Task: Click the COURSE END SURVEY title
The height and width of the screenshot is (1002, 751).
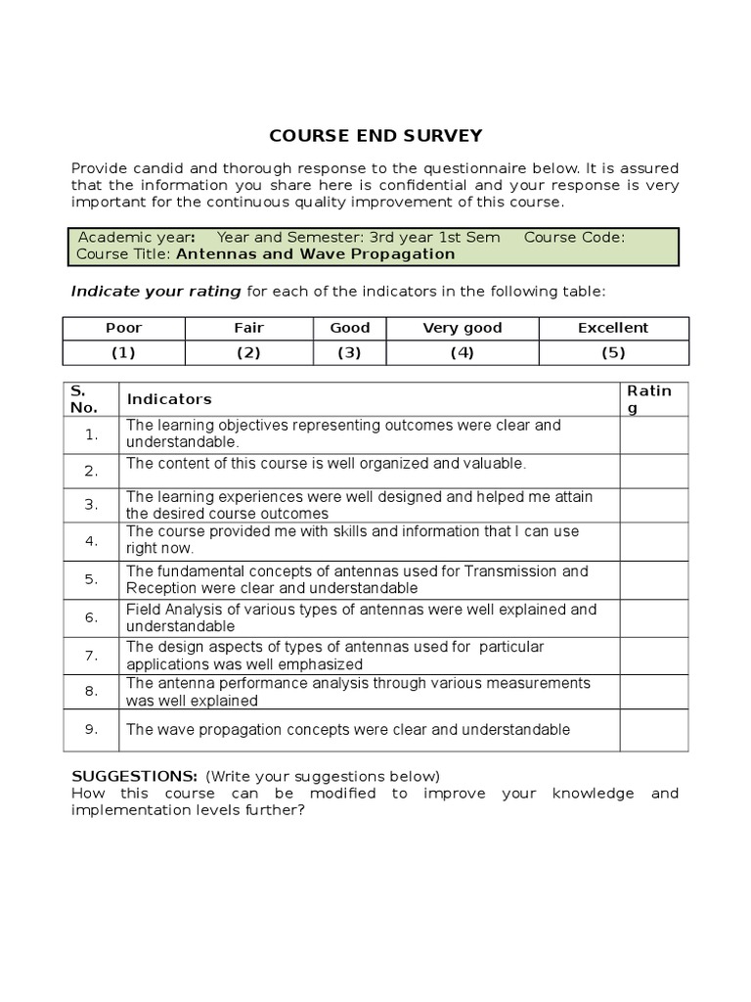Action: (375, 136)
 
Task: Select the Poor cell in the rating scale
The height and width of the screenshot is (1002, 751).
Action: (123, 328)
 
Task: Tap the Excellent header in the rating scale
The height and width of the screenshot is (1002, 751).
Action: (612, 328)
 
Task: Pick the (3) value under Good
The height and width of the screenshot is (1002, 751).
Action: (349, 353)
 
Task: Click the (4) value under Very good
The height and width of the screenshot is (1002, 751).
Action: (462, 353)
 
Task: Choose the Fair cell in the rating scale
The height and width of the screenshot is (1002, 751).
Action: (248, 328)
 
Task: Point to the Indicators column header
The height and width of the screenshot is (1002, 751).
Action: (169, 399)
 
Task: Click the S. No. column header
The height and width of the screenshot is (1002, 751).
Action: (83, 398)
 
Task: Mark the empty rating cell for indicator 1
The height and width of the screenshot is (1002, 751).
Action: (653, 434)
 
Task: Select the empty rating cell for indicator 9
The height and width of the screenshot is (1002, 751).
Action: (653, 730)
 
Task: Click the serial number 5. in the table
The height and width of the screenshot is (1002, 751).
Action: (91, 579)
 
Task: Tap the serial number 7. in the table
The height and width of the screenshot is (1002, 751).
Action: (91, 656)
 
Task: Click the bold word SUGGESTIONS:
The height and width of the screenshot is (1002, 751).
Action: (135, 776)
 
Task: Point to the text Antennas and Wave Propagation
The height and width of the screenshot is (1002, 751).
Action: (315, 254)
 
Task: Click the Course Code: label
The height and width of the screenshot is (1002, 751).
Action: (575, 237)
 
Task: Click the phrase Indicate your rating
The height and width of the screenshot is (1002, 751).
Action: (155, 292)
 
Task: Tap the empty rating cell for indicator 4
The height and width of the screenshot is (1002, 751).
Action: (653, 540)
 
